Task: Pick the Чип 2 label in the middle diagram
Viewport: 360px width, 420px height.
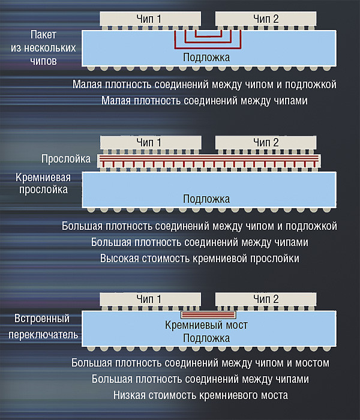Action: [266, 142]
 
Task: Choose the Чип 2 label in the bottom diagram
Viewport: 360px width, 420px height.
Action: [266, 299]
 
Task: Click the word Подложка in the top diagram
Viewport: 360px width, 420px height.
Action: [206, 57]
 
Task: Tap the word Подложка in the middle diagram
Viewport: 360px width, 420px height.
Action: [206, 199]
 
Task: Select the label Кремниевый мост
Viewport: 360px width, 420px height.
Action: [206, 325]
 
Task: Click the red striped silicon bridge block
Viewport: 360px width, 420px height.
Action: [208, 314]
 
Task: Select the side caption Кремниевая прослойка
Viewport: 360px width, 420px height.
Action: [44, 183]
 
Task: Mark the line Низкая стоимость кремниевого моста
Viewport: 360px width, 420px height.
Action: [200, 395]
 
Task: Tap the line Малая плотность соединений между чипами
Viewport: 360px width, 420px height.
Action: [205, 101]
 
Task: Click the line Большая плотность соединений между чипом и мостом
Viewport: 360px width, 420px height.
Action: [200, 363]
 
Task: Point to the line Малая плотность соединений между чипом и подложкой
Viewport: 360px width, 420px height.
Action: [205, 85]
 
